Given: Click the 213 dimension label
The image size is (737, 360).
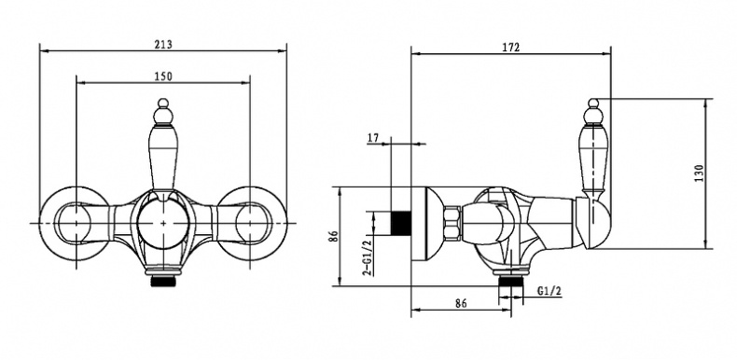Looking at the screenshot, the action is point(163,45).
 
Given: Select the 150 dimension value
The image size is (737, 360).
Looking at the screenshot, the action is point(163,76).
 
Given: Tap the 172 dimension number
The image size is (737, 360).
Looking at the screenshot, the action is point(511,48).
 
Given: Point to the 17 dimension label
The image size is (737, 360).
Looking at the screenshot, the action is point(373,138).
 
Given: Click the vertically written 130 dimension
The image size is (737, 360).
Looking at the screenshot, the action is point(699,173).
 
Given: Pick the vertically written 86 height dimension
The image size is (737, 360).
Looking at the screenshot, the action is point(333,236).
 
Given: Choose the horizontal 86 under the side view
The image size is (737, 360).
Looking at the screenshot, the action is point(461,303).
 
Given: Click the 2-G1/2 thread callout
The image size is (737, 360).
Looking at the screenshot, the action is point(368,256).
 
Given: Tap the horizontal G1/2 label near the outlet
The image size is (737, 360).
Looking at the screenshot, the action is point(549,291).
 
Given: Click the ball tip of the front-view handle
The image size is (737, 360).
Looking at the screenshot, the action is point(162,103).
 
